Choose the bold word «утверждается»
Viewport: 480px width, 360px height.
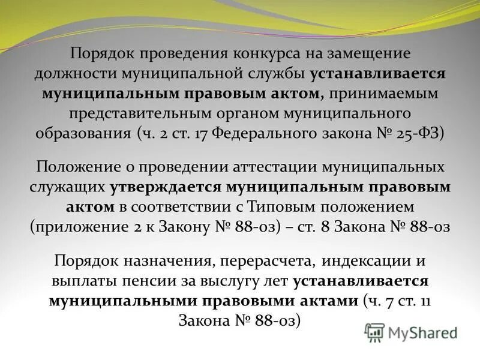166,187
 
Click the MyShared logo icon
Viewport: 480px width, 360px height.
374,332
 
